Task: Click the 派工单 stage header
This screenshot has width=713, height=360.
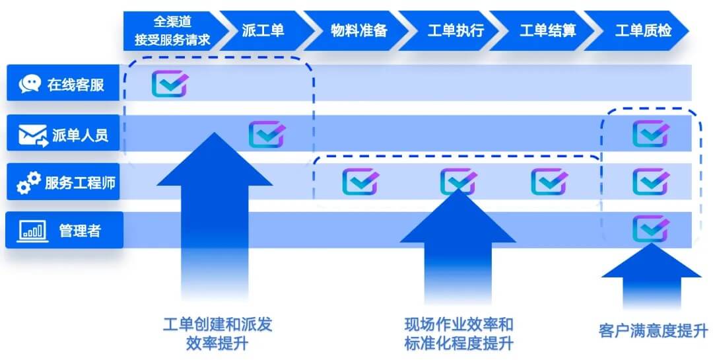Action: (263, 30)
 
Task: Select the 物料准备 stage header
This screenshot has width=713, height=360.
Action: (358, 30)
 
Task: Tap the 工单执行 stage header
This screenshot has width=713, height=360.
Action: (456, 30)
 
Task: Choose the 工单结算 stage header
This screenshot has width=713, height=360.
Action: (548, 30)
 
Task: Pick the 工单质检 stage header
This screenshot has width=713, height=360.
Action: (643, 30)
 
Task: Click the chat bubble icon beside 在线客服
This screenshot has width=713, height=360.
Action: (30, 84)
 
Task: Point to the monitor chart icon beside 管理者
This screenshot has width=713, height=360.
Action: (32, 231)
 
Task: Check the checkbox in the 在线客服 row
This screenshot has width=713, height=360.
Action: (169, 84)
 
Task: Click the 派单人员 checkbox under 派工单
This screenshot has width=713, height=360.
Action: (267, 134)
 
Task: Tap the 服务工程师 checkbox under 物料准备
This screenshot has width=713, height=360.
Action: (360, 182)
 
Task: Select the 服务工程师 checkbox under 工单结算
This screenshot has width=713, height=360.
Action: (549, 182)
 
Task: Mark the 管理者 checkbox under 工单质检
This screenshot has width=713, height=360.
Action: (650, 229)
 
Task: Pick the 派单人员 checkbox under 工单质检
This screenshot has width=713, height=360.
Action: (650, 133)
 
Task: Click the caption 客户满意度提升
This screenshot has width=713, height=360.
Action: (652, 330)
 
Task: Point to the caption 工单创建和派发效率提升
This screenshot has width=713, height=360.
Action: (217, 334)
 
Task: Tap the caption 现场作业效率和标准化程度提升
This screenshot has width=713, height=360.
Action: (459, 334)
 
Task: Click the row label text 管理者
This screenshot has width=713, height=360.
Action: (80, 231)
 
